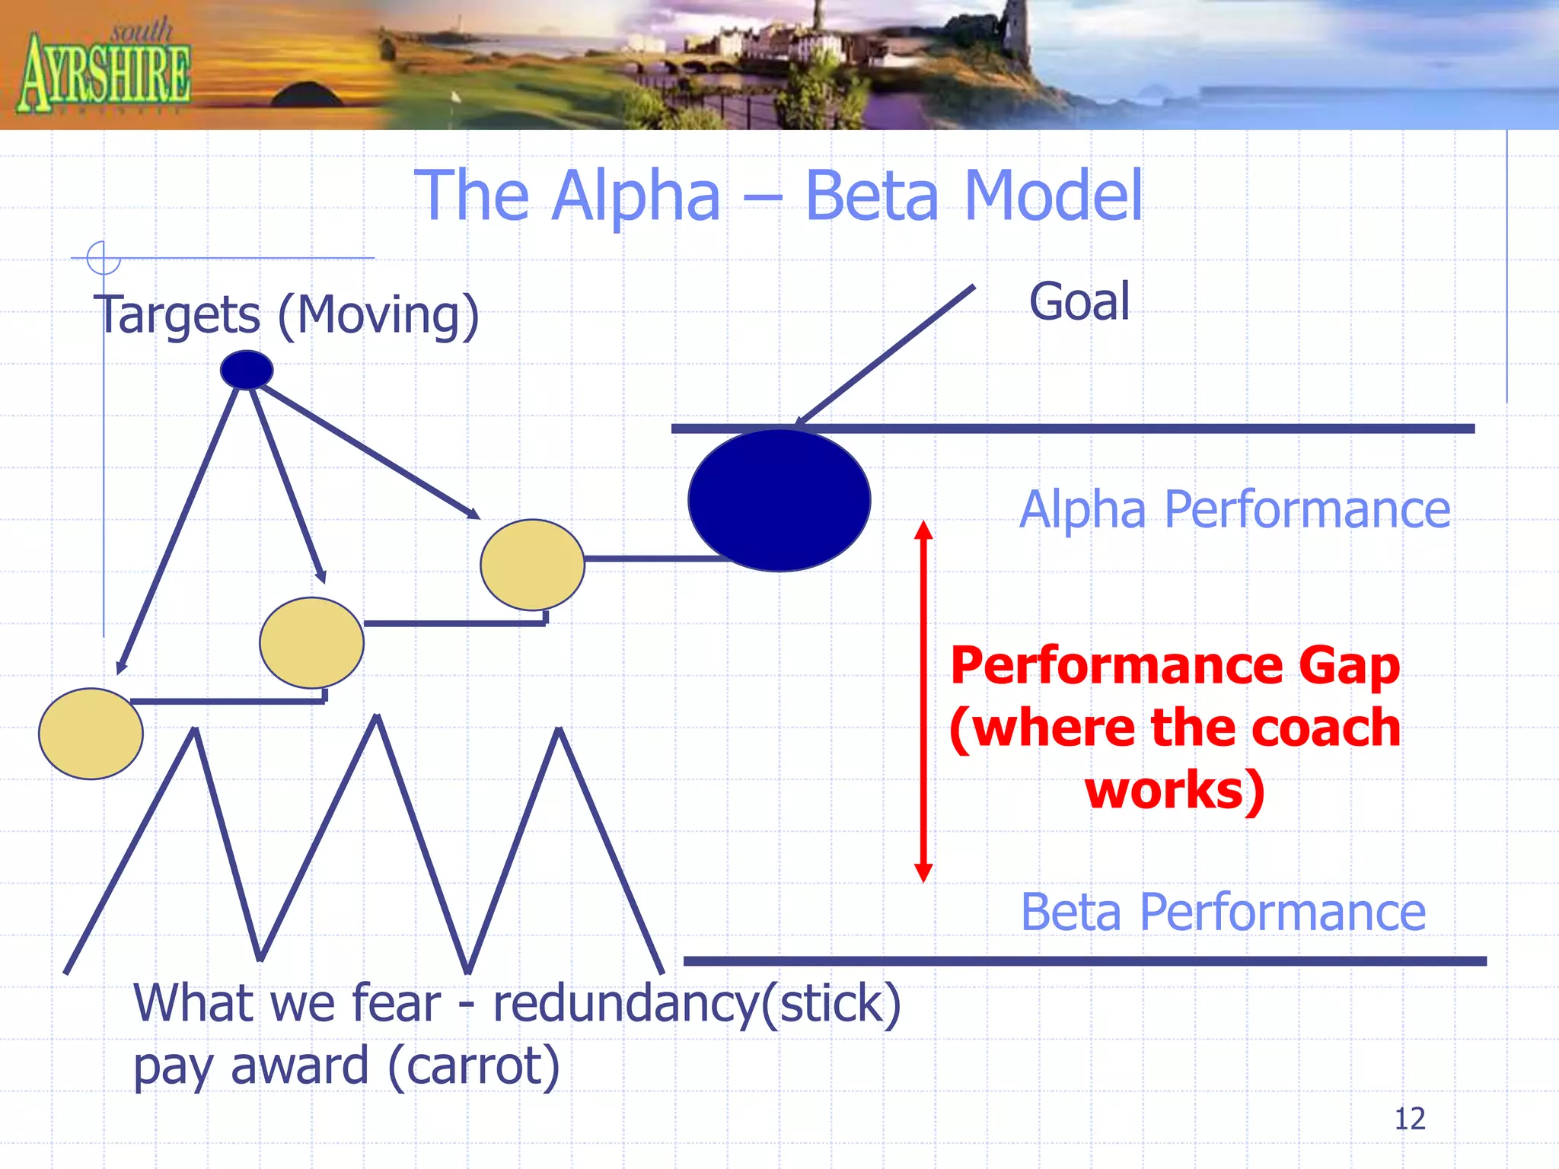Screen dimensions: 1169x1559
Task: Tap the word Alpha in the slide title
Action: coord(636,196)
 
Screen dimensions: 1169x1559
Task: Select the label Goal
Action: coord(1079,301)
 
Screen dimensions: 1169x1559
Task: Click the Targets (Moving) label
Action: coord(286,314)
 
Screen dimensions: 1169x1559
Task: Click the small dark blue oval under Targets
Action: coord(247,370)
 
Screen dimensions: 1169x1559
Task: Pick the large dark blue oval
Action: coord(779,500)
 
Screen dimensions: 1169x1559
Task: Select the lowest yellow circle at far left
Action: coord(91,734)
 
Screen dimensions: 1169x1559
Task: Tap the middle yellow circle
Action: coord(311,642)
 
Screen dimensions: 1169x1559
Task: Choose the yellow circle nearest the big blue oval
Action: coord(532,565)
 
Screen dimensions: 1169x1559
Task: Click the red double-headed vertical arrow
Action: coord(923,700)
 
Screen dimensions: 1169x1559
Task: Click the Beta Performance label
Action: coord(1223,912)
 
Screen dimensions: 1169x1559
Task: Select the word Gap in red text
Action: coord(1349,666)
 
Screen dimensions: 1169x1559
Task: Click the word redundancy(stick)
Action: coord(697,1003)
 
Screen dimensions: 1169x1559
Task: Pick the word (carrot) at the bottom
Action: coord(473,1065)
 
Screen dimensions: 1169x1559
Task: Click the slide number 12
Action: coord(1409,1119)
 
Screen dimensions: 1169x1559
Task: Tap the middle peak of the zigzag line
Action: coord(377,718)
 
